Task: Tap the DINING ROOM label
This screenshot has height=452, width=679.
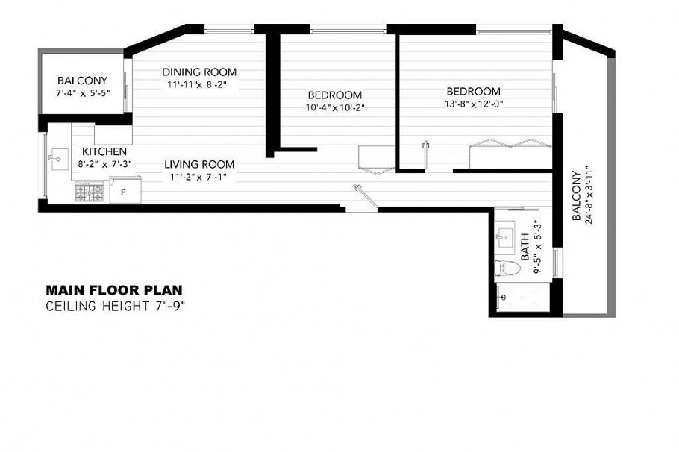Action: pyautogui.click(x=199, y=72)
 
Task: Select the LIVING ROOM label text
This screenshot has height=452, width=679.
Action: pyautogui.click(x=199, y=164)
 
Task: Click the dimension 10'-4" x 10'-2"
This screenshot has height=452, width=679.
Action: pyautogui.click(x=334, y=107)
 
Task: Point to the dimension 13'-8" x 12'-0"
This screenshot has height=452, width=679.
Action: pyautogui.click(x=474, y=104)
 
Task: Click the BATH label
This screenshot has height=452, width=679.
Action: pyautogui.click(x=525, y=245)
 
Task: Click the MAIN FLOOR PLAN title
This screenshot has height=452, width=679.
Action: pyautogui.click(x=113, y=290)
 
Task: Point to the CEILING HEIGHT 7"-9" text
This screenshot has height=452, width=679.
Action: pyautogui.click(x=115, y=305)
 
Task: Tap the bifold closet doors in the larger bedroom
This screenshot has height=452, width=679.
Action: pyautogui.click(x=510, y=143)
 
